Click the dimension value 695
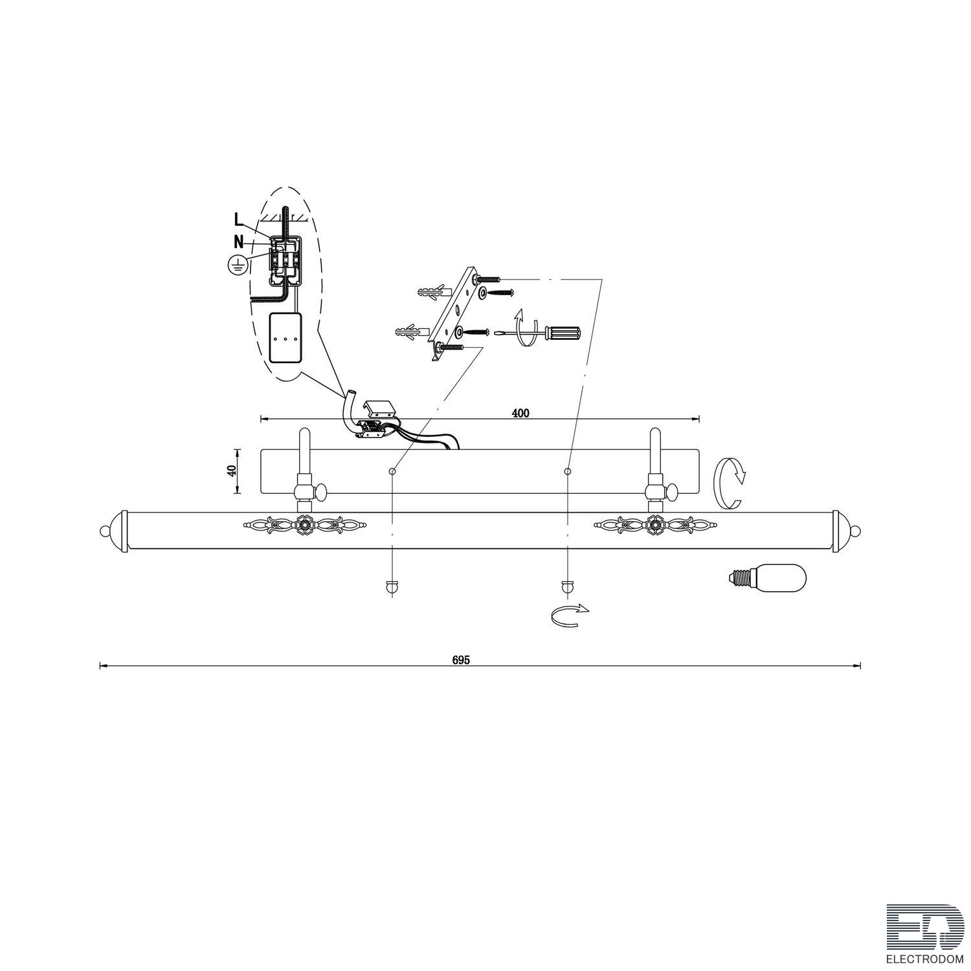(x=461, y=660)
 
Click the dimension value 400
(x=520, y=413)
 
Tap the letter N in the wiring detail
(x=239, y=242)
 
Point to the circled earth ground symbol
(x=238, y=263)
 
